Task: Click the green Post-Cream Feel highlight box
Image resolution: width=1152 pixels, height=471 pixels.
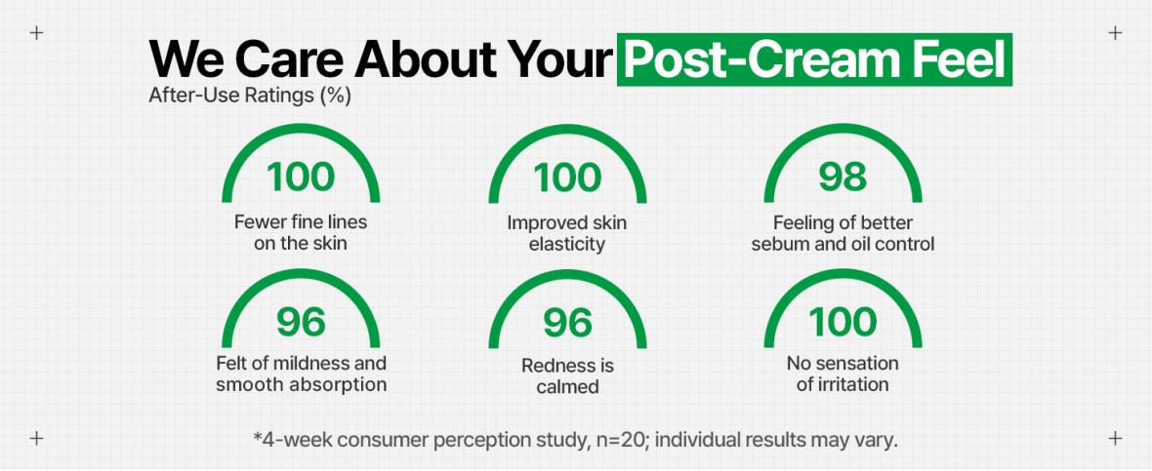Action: (x=814, y=59)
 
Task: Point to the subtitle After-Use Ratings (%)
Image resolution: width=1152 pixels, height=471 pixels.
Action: (x=250, y=97)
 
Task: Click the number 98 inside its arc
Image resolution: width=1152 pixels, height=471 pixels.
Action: (x=843, y=177)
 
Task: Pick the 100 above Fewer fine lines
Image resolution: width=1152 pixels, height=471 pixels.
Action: (x=301, y=177)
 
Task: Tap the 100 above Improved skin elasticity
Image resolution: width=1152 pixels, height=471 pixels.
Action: (x=568, y=177)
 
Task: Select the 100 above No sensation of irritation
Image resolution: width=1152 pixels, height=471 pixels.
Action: (x=843, y=322)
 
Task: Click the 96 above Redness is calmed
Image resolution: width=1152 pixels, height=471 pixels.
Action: (x=568, y=322)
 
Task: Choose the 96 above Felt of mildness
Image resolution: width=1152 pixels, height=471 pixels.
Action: (x=301, y=322)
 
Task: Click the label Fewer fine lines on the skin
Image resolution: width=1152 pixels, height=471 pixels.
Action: (x=301, y=232)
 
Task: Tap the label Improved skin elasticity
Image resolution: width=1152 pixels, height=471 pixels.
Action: (x=567, y=232)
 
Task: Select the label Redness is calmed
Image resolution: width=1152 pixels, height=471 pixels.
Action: (x=567, y=375)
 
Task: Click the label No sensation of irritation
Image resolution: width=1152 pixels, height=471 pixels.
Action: (x=843, y=373)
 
